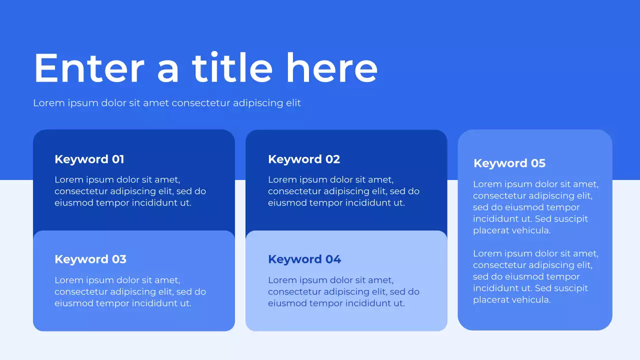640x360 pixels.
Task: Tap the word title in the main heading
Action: (x=232, y=67)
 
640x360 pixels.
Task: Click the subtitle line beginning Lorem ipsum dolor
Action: (x=167, y=103)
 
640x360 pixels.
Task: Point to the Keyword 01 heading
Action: (x=89, y=159)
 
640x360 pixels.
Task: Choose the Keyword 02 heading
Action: (x=304, y=159)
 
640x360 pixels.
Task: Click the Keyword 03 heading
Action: (x=90, y=259)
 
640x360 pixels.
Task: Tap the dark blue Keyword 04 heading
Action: (x=304, y=259)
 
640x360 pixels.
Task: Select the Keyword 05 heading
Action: (x=509, y=163)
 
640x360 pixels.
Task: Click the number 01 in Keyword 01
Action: (x=117, y=159)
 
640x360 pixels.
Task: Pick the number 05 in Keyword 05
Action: (x=538, y=163)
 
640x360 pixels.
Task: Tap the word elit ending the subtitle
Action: (x=293, y=102)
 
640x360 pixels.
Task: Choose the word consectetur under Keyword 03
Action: (x=81, y=291)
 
